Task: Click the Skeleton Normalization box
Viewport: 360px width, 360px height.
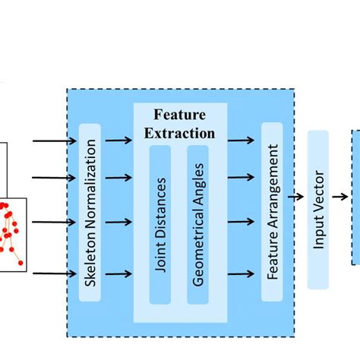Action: (x=89, y=212)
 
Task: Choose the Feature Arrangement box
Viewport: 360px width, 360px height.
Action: (x=271, y=212)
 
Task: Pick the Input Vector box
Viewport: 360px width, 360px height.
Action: (x=319, y=210)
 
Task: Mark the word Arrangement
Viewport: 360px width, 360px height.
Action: (x=271, y=197)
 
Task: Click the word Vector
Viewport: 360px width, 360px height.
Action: (x=319, y=197)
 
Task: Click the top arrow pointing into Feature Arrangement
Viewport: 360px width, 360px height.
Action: (x=242, y=140)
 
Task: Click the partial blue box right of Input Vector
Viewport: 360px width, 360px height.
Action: (x=355, y=197)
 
